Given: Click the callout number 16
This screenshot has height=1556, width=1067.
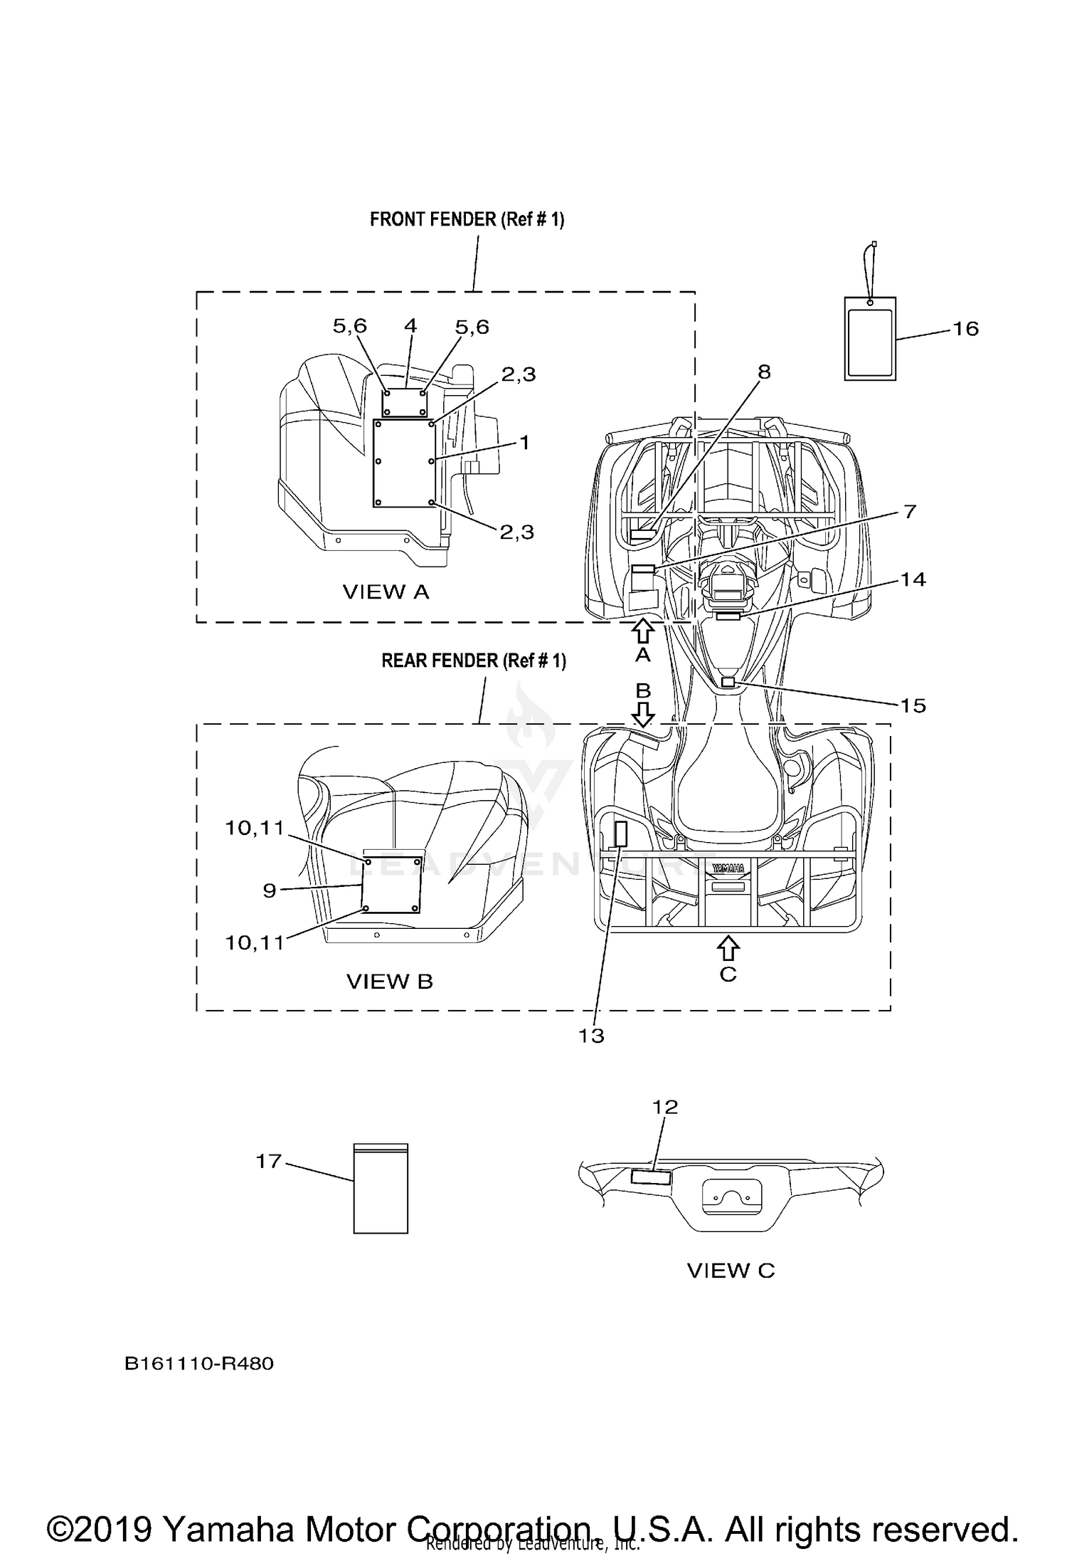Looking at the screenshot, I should (965, 329).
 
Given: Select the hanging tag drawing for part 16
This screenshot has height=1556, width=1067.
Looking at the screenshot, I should (870, 338).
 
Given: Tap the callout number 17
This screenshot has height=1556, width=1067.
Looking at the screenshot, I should (269, 1162).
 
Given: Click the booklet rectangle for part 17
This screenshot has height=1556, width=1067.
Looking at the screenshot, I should (381, 1188).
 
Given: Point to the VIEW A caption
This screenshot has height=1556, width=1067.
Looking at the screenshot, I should (386, 592).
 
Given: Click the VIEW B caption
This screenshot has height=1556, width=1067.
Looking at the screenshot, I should (390, 982).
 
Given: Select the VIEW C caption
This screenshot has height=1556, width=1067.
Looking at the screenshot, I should (731, 1271).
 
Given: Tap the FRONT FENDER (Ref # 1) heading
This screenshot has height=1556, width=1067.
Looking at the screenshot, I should (467, 220).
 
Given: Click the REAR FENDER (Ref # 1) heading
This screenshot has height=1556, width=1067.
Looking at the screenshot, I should (474, 661).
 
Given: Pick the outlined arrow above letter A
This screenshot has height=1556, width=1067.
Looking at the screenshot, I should (643, 631).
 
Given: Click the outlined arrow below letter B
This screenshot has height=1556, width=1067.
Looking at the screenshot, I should (643, 714).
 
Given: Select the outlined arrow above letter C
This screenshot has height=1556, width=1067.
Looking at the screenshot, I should (728, 948).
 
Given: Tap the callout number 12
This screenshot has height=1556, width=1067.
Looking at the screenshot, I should (665, 1107).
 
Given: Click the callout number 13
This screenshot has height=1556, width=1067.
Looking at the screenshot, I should (591, 1036).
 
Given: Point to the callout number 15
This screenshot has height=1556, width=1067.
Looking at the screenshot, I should (913, 705).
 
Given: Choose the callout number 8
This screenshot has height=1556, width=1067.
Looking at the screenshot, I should (764, 372).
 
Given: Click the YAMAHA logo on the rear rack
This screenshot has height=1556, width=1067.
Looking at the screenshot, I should (728, 868).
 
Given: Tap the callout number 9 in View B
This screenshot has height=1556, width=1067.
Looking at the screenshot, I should (270, 890).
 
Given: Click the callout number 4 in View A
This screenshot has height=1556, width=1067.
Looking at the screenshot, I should (410, 326).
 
